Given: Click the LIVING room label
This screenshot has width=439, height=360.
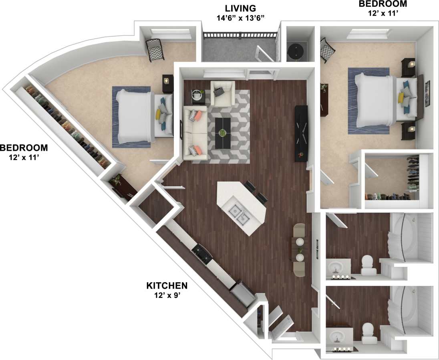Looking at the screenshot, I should coord(240,8).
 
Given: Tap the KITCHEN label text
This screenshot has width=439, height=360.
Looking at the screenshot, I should coord(167,286).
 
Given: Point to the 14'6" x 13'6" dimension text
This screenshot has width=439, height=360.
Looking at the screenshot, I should coord(240,18).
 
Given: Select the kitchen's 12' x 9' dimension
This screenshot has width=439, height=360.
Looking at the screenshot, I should coord(167,296).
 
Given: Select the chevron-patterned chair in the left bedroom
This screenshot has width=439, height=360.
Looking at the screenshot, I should coord(154,50).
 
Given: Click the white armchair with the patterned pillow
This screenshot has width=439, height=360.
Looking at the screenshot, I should coord(222,93).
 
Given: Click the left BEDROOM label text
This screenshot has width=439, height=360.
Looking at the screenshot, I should coord(24,147).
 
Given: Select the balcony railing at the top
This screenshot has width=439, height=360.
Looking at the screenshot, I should coord(240,35).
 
